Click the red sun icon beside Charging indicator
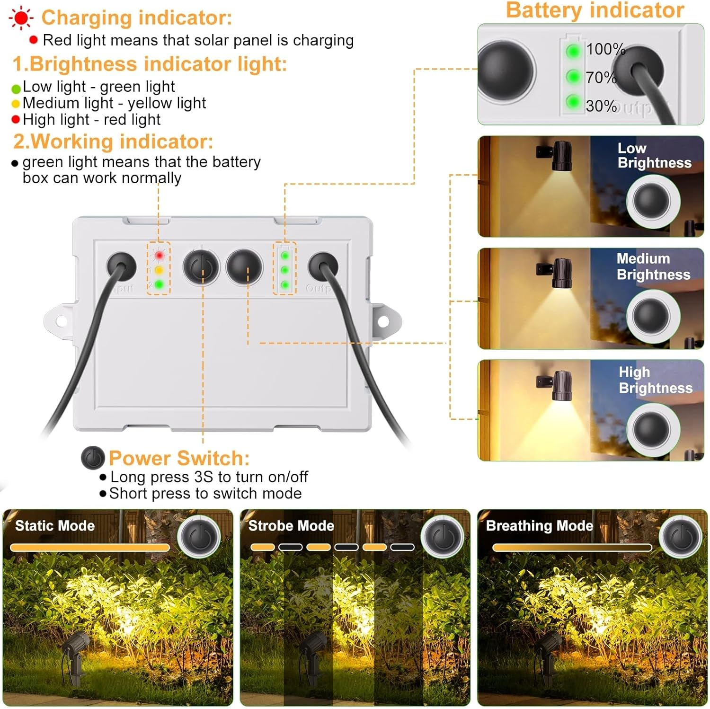21,18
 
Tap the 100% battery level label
605,49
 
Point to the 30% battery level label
601,106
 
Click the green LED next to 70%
573,76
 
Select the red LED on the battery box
159,256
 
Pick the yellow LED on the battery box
159,270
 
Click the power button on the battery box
202,267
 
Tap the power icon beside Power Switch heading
93,458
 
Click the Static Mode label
55,526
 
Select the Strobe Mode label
291,526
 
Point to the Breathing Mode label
539,526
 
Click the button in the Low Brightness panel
652,201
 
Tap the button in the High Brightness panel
652,427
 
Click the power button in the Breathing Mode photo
682,537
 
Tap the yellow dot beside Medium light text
16,104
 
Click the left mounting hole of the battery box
61,321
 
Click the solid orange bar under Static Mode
90,548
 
